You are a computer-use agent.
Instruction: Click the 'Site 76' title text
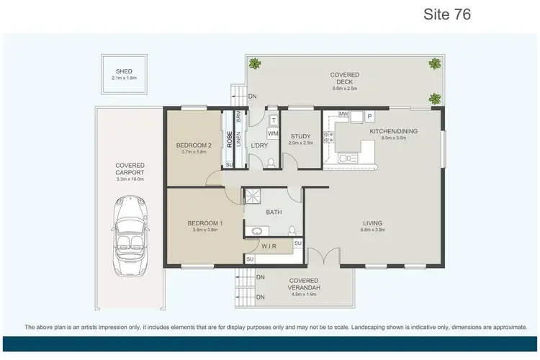tap(448, 14)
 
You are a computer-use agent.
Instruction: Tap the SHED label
tap(124, 71)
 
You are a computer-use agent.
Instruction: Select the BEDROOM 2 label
tap(194, 145)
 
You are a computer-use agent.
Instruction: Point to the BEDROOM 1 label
tap(205, 223)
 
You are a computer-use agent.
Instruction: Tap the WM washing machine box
tap(273, 134)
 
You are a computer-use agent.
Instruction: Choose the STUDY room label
tap(300, 136)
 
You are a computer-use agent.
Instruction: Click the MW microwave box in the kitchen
tap(344, 114)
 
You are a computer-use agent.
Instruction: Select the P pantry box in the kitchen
tap(369, 114)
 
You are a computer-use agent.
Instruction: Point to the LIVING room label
tap(372, 223)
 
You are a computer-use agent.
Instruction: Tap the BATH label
tap(274, 212)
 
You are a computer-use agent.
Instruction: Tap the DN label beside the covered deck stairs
tap(251, 96)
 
